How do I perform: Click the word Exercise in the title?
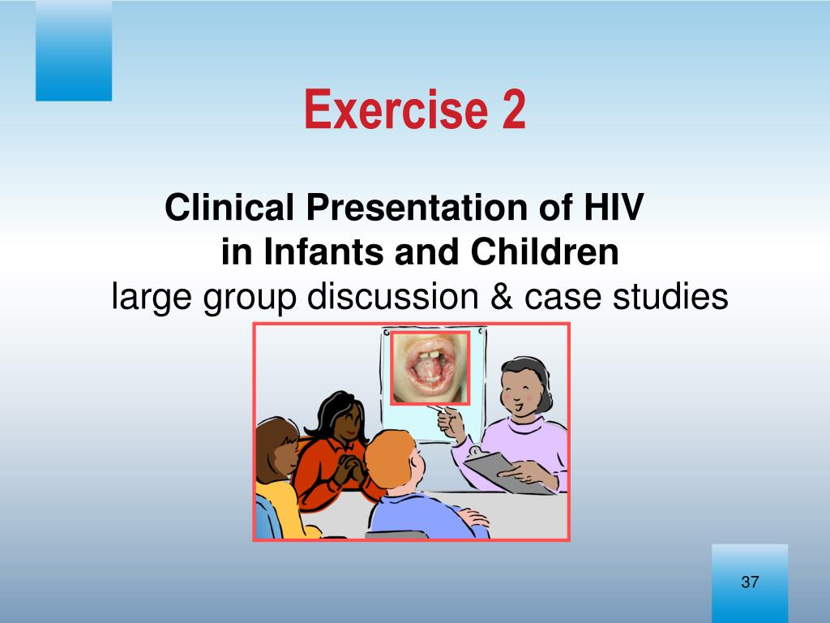(396, 109)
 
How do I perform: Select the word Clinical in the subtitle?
(229, 207)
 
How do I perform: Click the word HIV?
(614, 207)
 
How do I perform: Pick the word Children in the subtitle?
(544, 251)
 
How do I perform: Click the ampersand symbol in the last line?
(502, 296)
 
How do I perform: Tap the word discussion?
(393, 296)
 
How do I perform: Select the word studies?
(670, 296)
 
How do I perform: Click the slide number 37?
(750, 582)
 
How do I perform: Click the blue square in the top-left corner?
(74, 50)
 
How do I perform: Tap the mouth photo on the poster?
(430, 368)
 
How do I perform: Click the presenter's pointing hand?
(450, 422)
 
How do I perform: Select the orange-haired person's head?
(395, 458)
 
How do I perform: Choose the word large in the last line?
(152, 298)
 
